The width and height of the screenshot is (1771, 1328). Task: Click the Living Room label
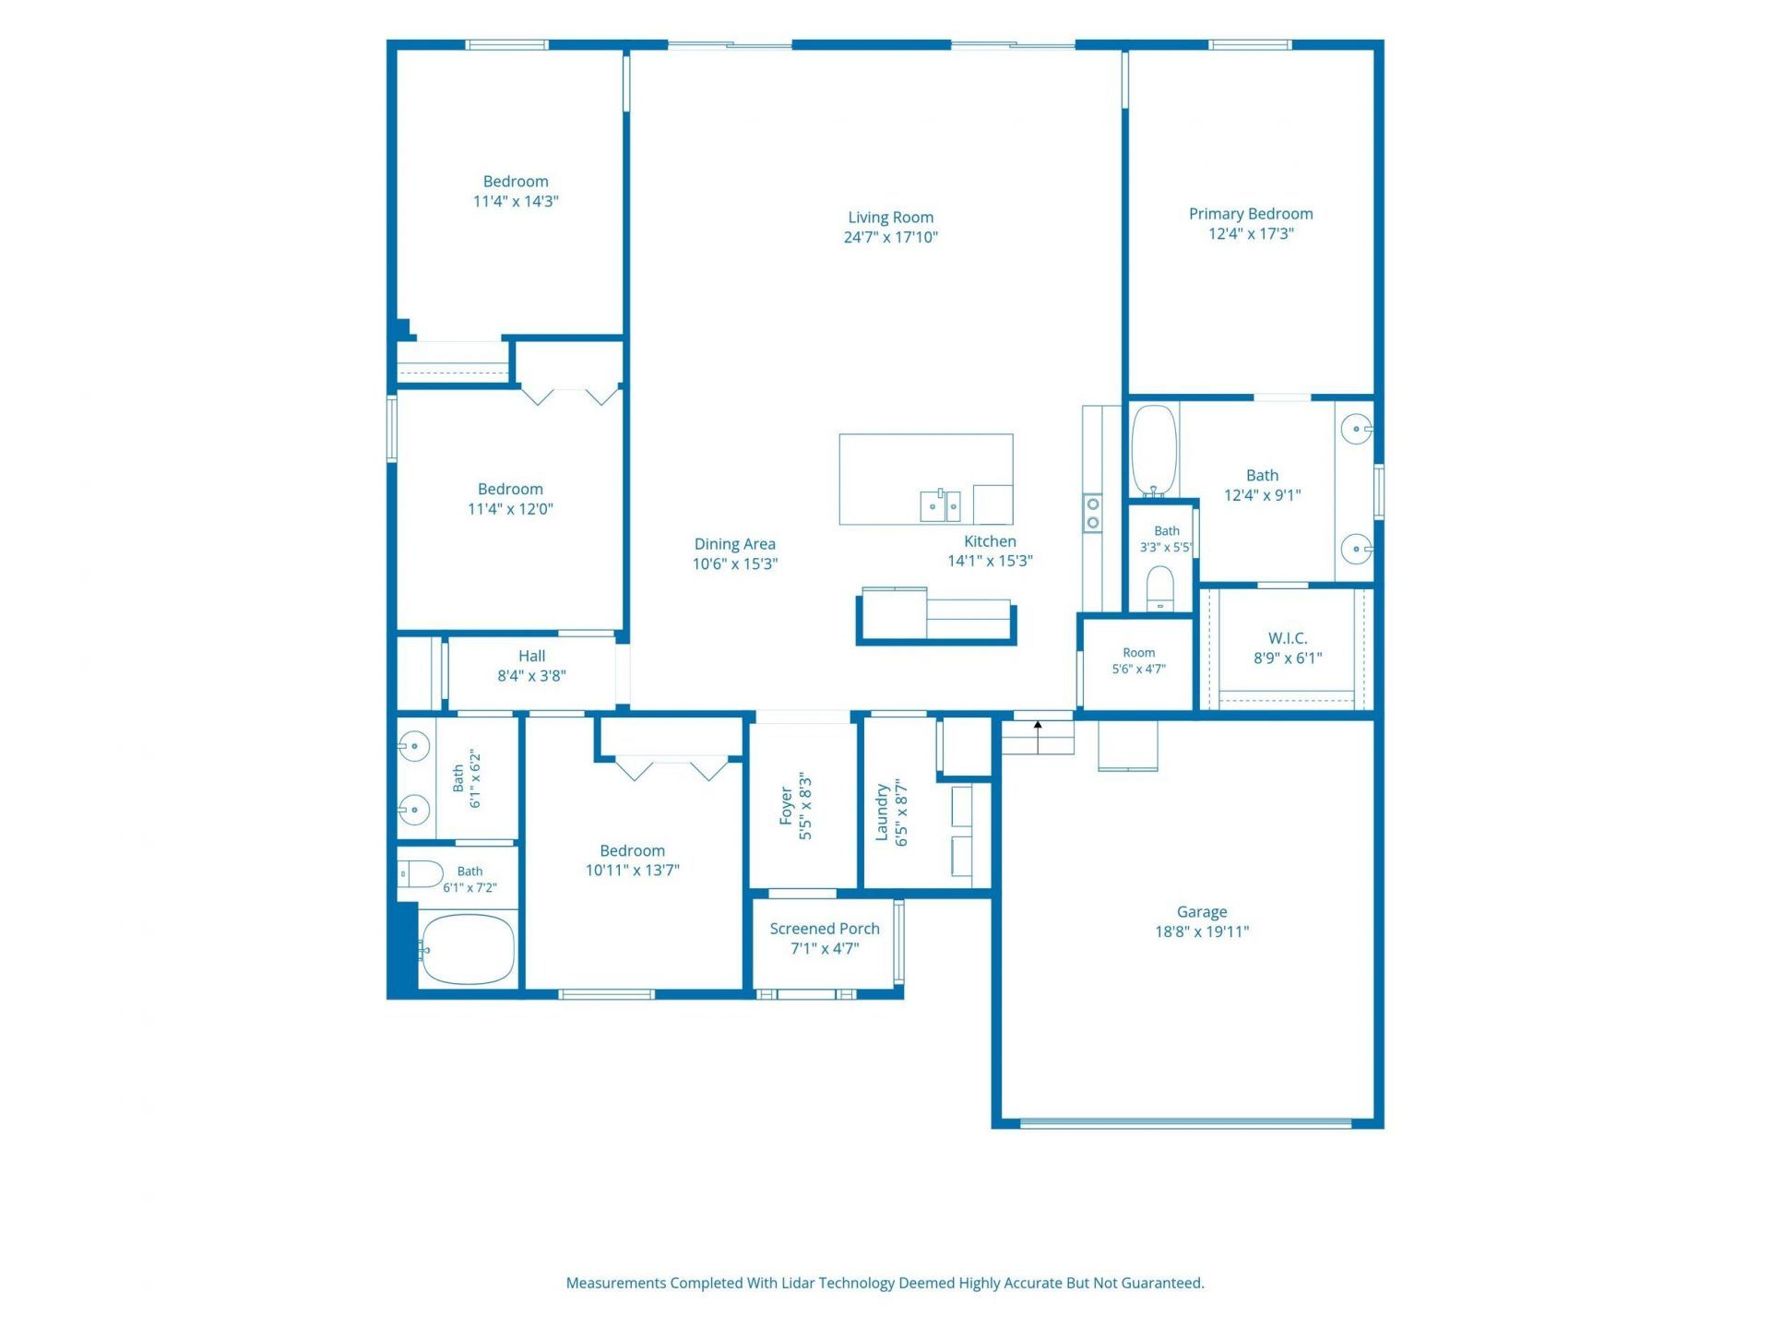pos(890,218)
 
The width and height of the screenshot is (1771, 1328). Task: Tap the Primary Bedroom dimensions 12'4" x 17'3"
pos(1251,234)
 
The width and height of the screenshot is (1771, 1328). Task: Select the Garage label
pos(1202,912)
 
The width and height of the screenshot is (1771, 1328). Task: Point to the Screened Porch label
pos(825,929)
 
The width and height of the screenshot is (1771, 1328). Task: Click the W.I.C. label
pos(1288,638)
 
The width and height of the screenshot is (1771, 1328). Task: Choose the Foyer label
pos(786,806)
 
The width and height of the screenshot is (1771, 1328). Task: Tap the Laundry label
pos(882,812)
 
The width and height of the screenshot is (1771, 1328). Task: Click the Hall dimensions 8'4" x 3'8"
pos(532,676)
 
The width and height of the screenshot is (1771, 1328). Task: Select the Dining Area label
pos(735,544)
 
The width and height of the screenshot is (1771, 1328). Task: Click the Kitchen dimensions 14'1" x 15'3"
pos(991,561)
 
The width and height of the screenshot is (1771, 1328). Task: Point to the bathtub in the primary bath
pos(1154,451)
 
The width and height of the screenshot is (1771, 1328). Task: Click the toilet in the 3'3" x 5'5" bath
pos(1160,588)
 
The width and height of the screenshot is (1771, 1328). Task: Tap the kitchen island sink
pos(941,505)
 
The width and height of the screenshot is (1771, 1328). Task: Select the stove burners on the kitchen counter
pos(1093,513)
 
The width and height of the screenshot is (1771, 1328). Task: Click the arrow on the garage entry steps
pos(1039,737)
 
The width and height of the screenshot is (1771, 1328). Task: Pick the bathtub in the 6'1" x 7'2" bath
pos(466,949)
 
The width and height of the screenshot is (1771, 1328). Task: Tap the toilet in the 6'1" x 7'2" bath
pos(421,873)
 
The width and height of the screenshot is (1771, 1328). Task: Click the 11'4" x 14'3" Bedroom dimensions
pos(516,202)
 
